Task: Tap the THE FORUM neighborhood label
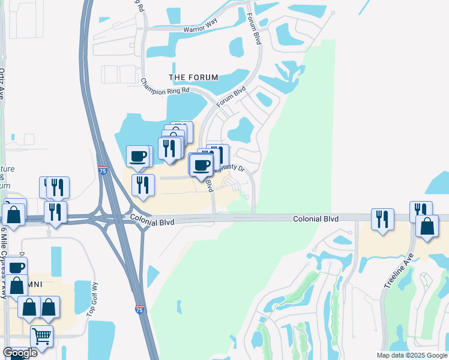pyautogui.click(x=193, y=77)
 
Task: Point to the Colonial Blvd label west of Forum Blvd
pyautogui.click(x=152, y=222)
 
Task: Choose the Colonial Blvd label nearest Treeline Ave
pyautogui.click(x=316, y=220)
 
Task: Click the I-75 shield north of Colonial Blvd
pyautogui.click(x=103, y=171)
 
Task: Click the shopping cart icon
pyautogui.click(x=41, y=335)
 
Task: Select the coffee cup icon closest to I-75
pyautogui.click(x=138, y=157)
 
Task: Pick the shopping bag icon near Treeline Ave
pyautogui.click(x=427, y=226)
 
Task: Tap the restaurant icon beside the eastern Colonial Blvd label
pyautogui.click(x=382, y=219)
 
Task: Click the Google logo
pyautogui.click(x=20, y=353)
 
